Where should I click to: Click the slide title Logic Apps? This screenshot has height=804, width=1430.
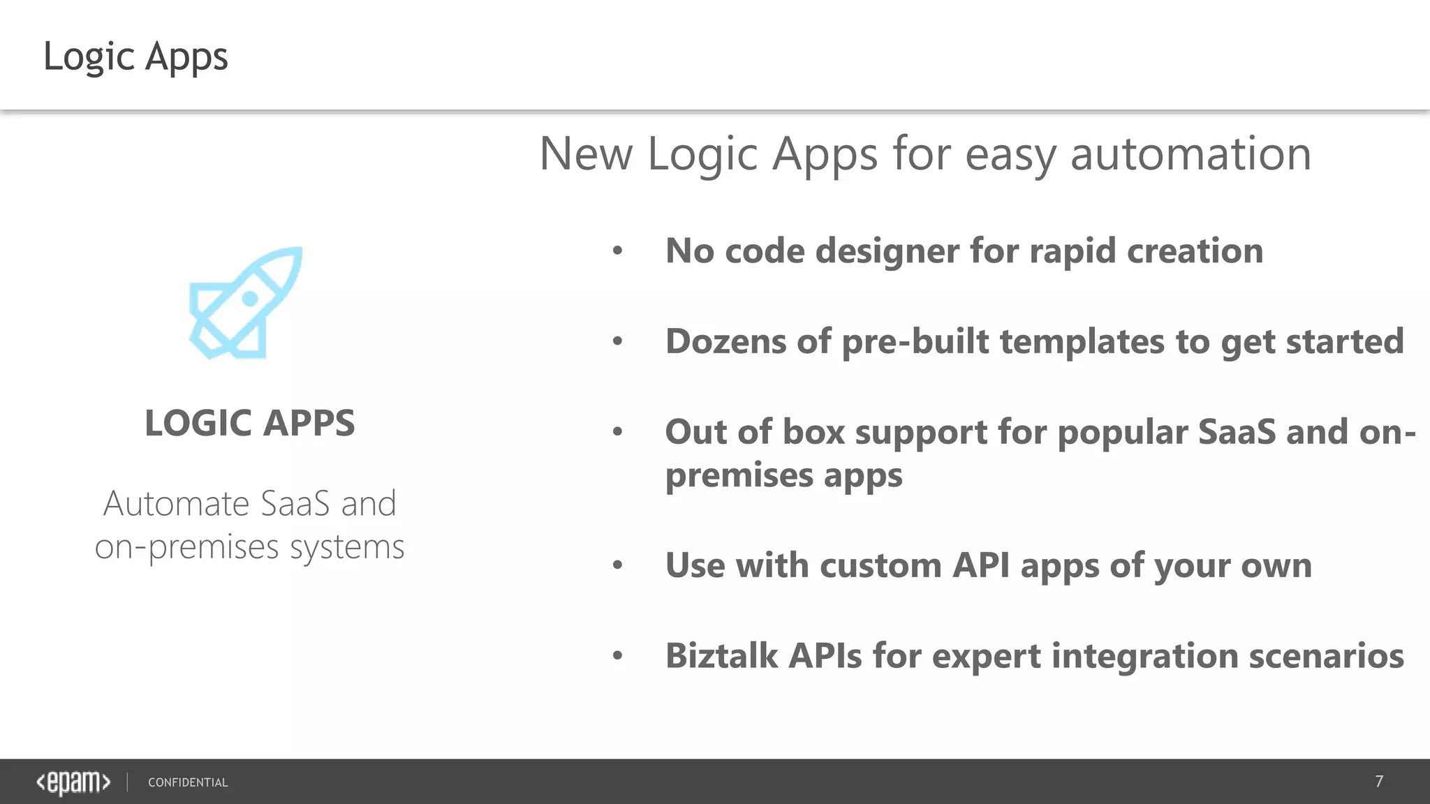coord(135,57)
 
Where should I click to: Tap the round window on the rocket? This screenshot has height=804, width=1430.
coord(250,299)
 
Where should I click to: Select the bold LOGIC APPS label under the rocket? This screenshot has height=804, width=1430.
coord(249,423)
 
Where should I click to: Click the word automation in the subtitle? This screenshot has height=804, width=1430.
coord(1191,154)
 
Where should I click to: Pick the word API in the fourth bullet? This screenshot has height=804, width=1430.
coord(981,565)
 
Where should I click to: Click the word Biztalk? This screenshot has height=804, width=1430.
coord(721,656)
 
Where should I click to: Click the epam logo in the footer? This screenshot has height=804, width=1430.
coord(73,782)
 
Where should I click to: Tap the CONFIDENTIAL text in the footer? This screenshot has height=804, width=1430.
coord(188,782)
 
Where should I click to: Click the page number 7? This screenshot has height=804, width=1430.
coord(1378,782)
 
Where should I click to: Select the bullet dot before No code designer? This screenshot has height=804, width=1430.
coord(617,251)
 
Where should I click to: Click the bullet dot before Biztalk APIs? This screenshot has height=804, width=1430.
coord(617,655)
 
